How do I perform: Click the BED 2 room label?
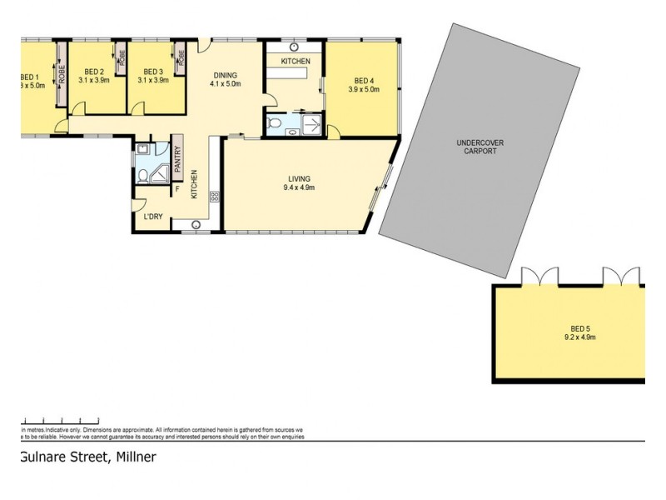93,76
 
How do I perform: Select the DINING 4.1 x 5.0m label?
225,79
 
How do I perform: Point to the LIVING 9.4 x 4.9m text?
299,182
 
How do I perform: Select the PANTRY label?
177,157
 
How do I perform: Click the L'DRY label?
153,217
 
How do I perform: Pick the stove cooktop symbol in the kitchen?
214,197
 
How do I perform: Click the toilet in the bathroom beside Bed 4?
278,126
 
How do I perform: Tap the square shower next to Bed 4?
312,124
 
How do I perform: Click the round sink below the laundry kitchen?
197,224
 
